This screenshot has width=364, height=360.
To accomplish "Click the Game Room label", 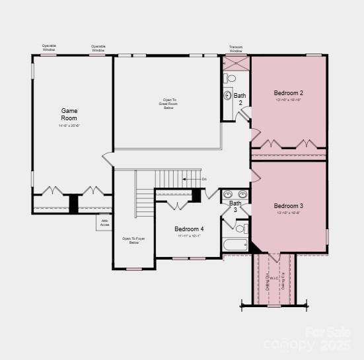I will (x=69, y=114).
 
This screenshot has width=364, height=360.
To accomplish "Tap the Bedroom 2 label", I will (x=288, y=93).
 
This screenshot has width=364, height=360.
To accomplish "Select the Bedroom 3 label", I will (x=288, y=206).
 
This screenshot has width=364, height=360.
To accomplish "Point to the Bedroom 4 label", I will (x=189, y=229).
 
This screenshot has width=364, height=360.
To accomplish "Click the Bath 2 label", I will (x=240, y=99).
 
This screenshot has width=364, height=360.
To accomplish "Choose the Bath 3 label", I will (x=235, y=207).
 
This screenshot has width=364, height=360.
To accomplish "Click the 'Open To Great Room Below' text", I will (x=170, y=103).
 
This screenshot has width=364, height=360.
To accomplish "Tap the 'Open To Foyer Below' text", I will (x=133, y=240).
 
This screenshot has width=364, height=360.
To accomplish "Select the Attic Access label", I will (x=104, y=223).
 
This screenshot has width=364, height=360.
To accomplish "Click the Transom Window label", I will (x=236, y=49).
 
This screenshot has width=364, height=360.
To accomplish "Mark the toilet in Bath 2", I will (x=231, y=78).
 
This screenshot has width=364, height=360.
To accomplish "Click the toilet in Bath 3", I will (x=241, y=229).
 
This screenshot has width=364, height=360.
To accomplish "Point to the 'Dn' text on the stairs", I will (x=204, y=179).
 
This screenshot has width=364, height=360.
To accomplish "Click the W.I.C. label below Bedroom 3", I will (x=275, y=280).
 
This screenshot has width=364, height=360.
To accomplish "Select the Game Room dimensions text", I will (x=69, y=126).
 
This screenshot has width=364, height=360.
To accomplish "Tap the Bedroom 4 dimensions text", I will (x=189, y=236).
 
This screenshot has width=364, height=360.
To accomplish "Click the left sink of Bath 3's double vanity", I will (x=229, y=194).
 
